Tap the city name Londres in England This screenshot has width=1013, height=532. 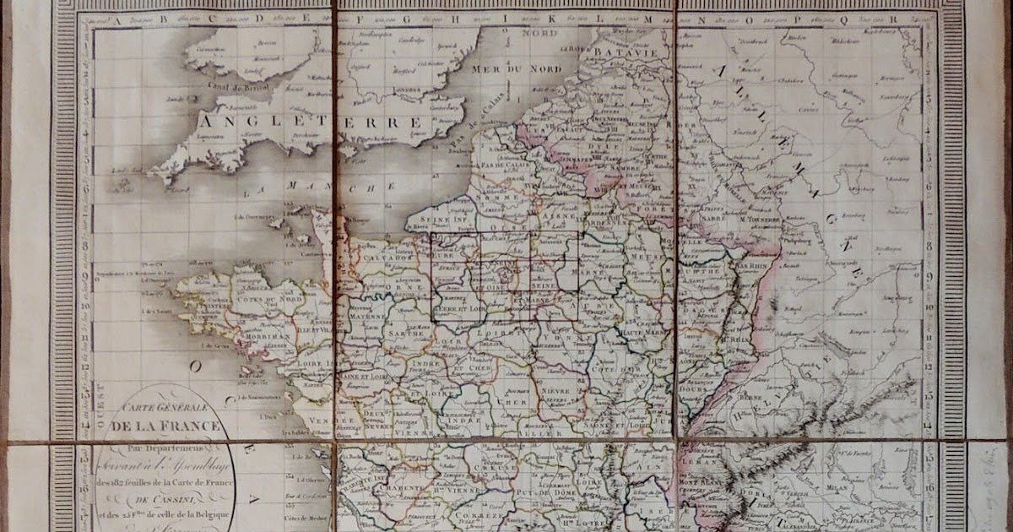[408, 87]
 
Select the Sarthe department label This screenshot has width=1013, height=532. [398, 335]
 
